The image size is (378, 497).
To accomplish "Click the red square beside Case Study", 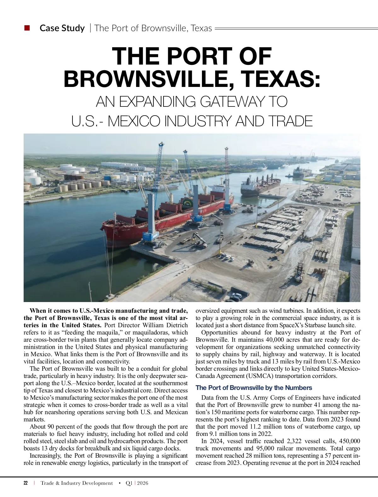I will pyautogui.click(x=27, y=28).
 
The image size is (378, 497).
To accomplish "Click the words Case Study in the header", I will pyautogui.click(x=62, y=28).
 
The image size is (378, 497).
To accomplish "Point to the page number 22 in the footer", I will pyautogui.click(x=26, y=483).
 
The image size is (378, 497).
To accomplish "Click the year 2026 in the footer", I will pyautogui.click(x=142, y=483).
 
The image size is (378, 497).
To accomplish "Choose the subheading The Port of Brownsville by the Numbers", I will pyautogui.click(x=254, y=388).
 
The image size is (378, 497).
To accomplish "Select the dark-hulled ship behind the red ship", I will pyautogui.click(x=260, y=186).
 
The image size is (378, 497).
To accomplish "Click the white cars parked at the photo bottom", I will pyautogui.click(x=235, y=296).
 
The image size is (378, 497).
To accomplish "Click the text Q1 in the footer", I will pyautogui.click(x=129, y=483).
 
